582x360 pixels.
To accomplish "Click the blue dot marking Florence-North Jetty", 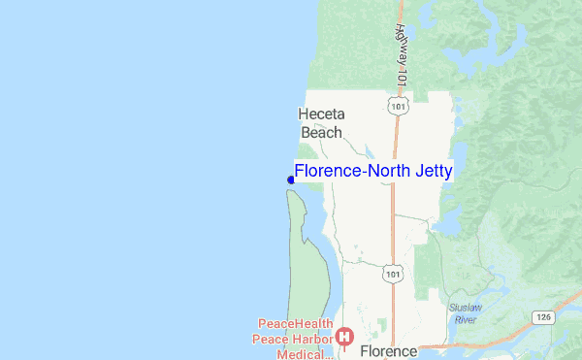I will [x=291, y=180].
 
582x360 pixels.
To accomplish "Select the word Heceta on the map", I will [x=321, y=115].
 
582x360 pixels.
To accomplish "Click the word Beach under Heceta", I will [x=321, y=133].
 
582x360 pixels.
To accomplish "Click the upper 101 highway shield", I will [x=395, y=104].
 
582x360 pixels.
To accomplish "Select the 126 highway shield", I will [x=543, y=316].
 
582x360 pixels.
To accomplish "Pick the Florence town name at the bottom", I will [x=388, y=350].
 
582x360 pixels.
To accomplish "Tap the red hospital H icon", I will [x=343, y=337].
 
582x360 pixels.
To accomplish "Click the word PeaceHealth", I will [x=296, y=324].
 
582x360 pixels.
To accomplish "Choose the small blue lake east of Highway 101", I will [x=448, y=225].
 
